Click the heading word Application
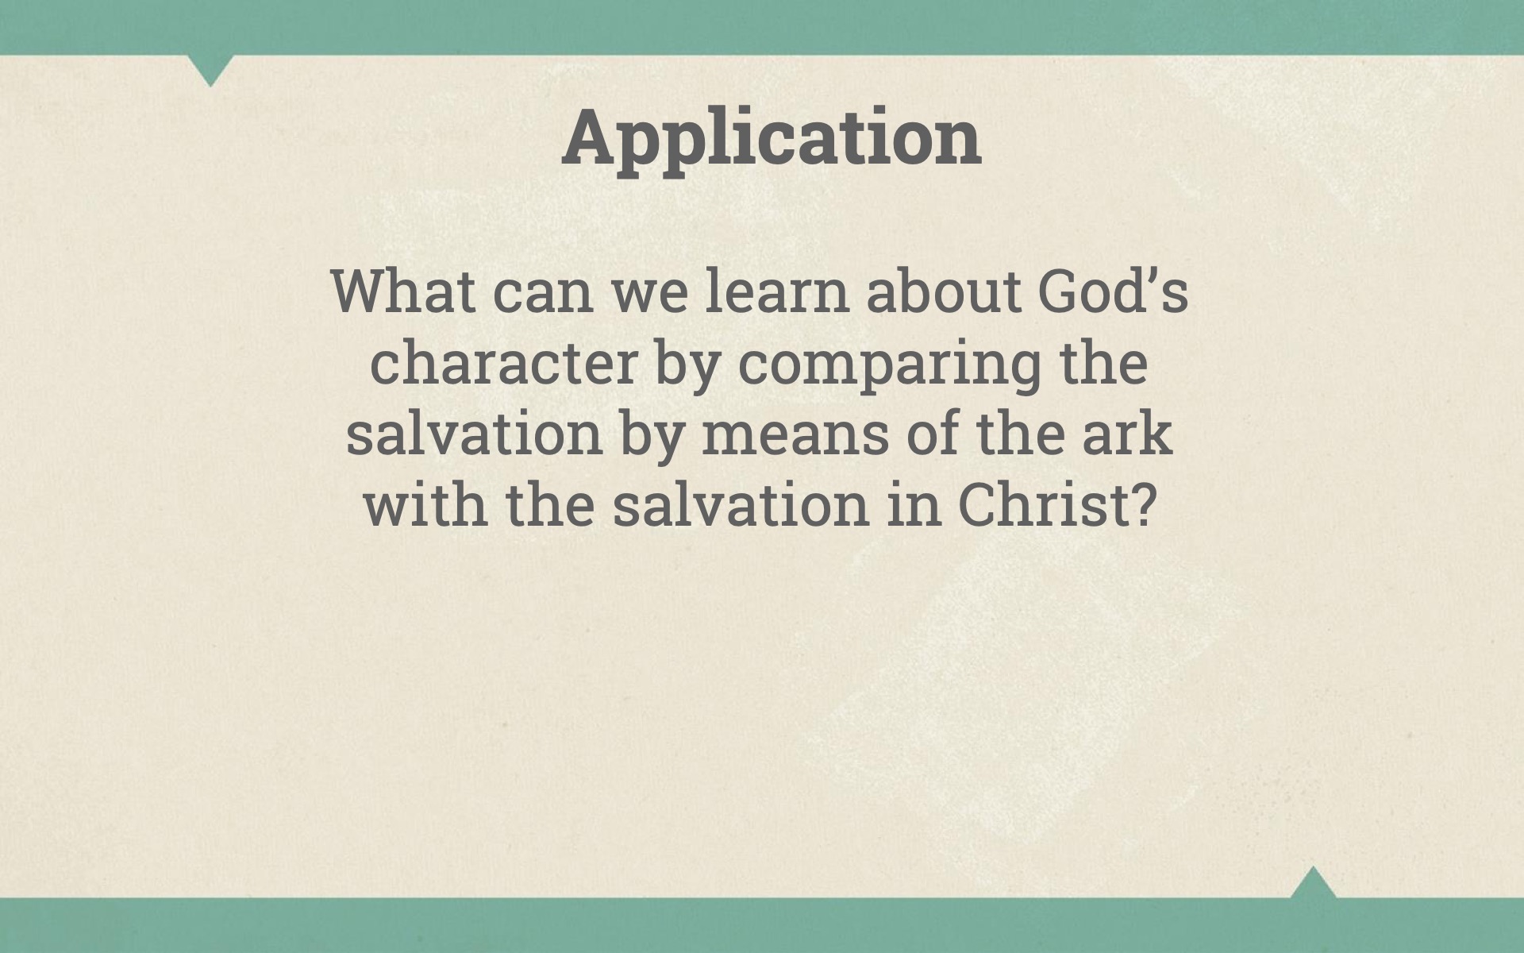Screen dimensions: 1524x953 pos(772,138)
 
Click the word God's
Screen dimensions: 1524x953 pos(1113,291)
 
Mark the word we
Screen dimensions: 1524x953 pos(649,297)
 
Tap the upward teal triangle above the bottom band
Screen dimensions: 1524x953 pos(1313,883)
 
